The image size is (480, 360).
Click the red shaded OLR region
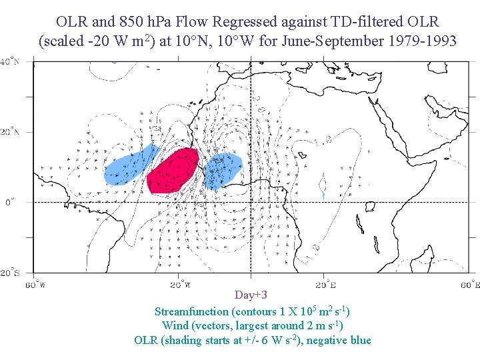[x=173, y=171]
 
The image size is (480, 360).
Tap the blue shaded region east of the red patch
[x=222, y=171]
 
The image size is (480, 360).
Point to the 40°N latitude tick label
[x=9, y=61]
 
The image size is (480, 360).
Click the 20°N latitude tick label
[x=9, y=132]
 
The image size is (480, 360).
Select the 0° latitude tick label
[x=9, y=202]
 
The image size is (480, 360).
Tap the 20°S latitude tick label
[x=9, y=273]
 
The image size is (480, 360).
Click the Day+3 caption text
[x=251, y=295]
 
